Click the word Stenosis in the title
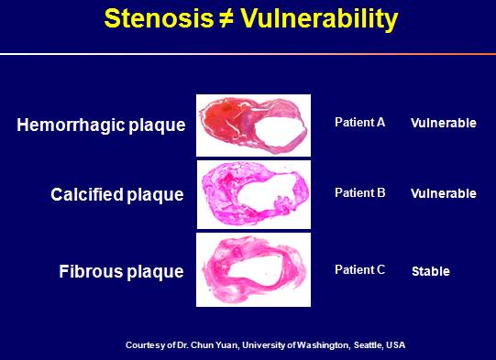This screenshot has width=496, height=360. click(x=159, y=18)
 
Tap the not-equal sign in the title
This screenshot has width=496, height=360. click(x=226, y=19)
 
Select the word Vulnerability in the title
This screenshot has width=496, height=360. click(x=319, y=20)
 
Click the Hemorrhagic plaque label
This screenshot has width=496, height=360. click(x=101, y=125)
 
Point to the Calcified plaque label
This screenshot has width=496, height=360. click(x=117, y=194)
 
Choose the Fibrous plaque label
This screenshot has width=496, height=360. click(x=121, y=271)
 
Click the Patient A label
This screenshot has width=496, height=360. click(x=360, y=123)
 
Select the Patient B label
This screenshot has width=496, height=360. click(x=360, y=192)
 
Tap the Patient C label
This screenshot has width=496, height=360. click(x=360, y=269)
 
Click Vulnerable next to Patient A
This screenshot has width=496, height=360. click(x=444, y=123)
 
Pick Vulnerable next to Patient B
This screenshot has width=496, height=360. click(x=444, y=193)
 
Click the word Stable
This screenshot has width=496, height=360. click(x=431, y=271)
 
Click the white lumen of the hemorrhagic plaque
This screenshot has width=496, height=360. click(x=282, y=129)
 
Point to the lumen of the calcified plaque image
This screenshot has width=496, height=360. click(x=265, y=191)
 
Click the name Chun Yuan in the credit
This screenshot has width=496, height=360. click(x=215, y=344)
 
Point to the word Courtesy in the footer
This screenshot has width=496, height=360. click(x=145, y=345)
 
